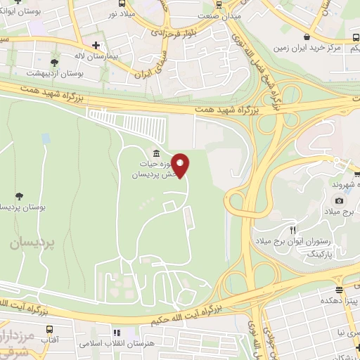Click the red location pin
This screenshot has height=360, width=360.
[181, 165]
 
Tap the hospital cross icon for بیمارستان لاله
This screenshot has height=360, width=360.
[105, 44]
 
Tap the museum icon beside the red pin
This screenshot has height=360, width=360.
[155, 154]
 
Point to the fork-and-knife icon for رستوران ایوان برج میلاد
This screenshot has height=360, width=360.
[292, 229]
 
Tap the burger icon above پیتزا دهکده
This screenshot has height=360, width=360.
[340, 289]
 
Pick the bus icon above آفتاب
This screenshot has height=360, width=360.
[49, 329]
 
